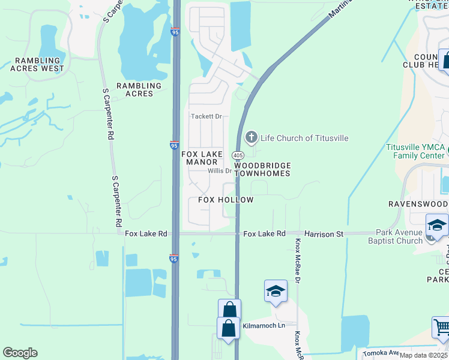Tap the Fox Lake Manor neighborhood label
pos(202,158)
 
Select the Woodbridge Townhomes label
pos(262,169)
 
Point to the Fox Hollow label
pos(226,200)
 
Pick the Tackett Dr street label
pos(206,116)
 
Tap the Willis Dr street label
pos(219,171)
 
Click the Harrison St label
pos(324,233)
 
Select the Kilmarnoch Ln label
pos(264,326)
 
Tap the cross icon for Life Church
pos(252,137)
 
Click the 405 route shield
pos(237,155)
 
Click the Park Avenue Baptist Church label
pos(399,237)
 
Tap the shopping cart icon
pos(442,327)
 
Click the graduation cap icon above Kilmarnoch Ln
pos(275,291)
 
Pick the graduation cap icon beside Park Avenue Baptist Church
pos(437,226)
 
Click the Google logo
pos(20,353)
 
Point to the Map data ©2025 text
pos(424,355)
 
